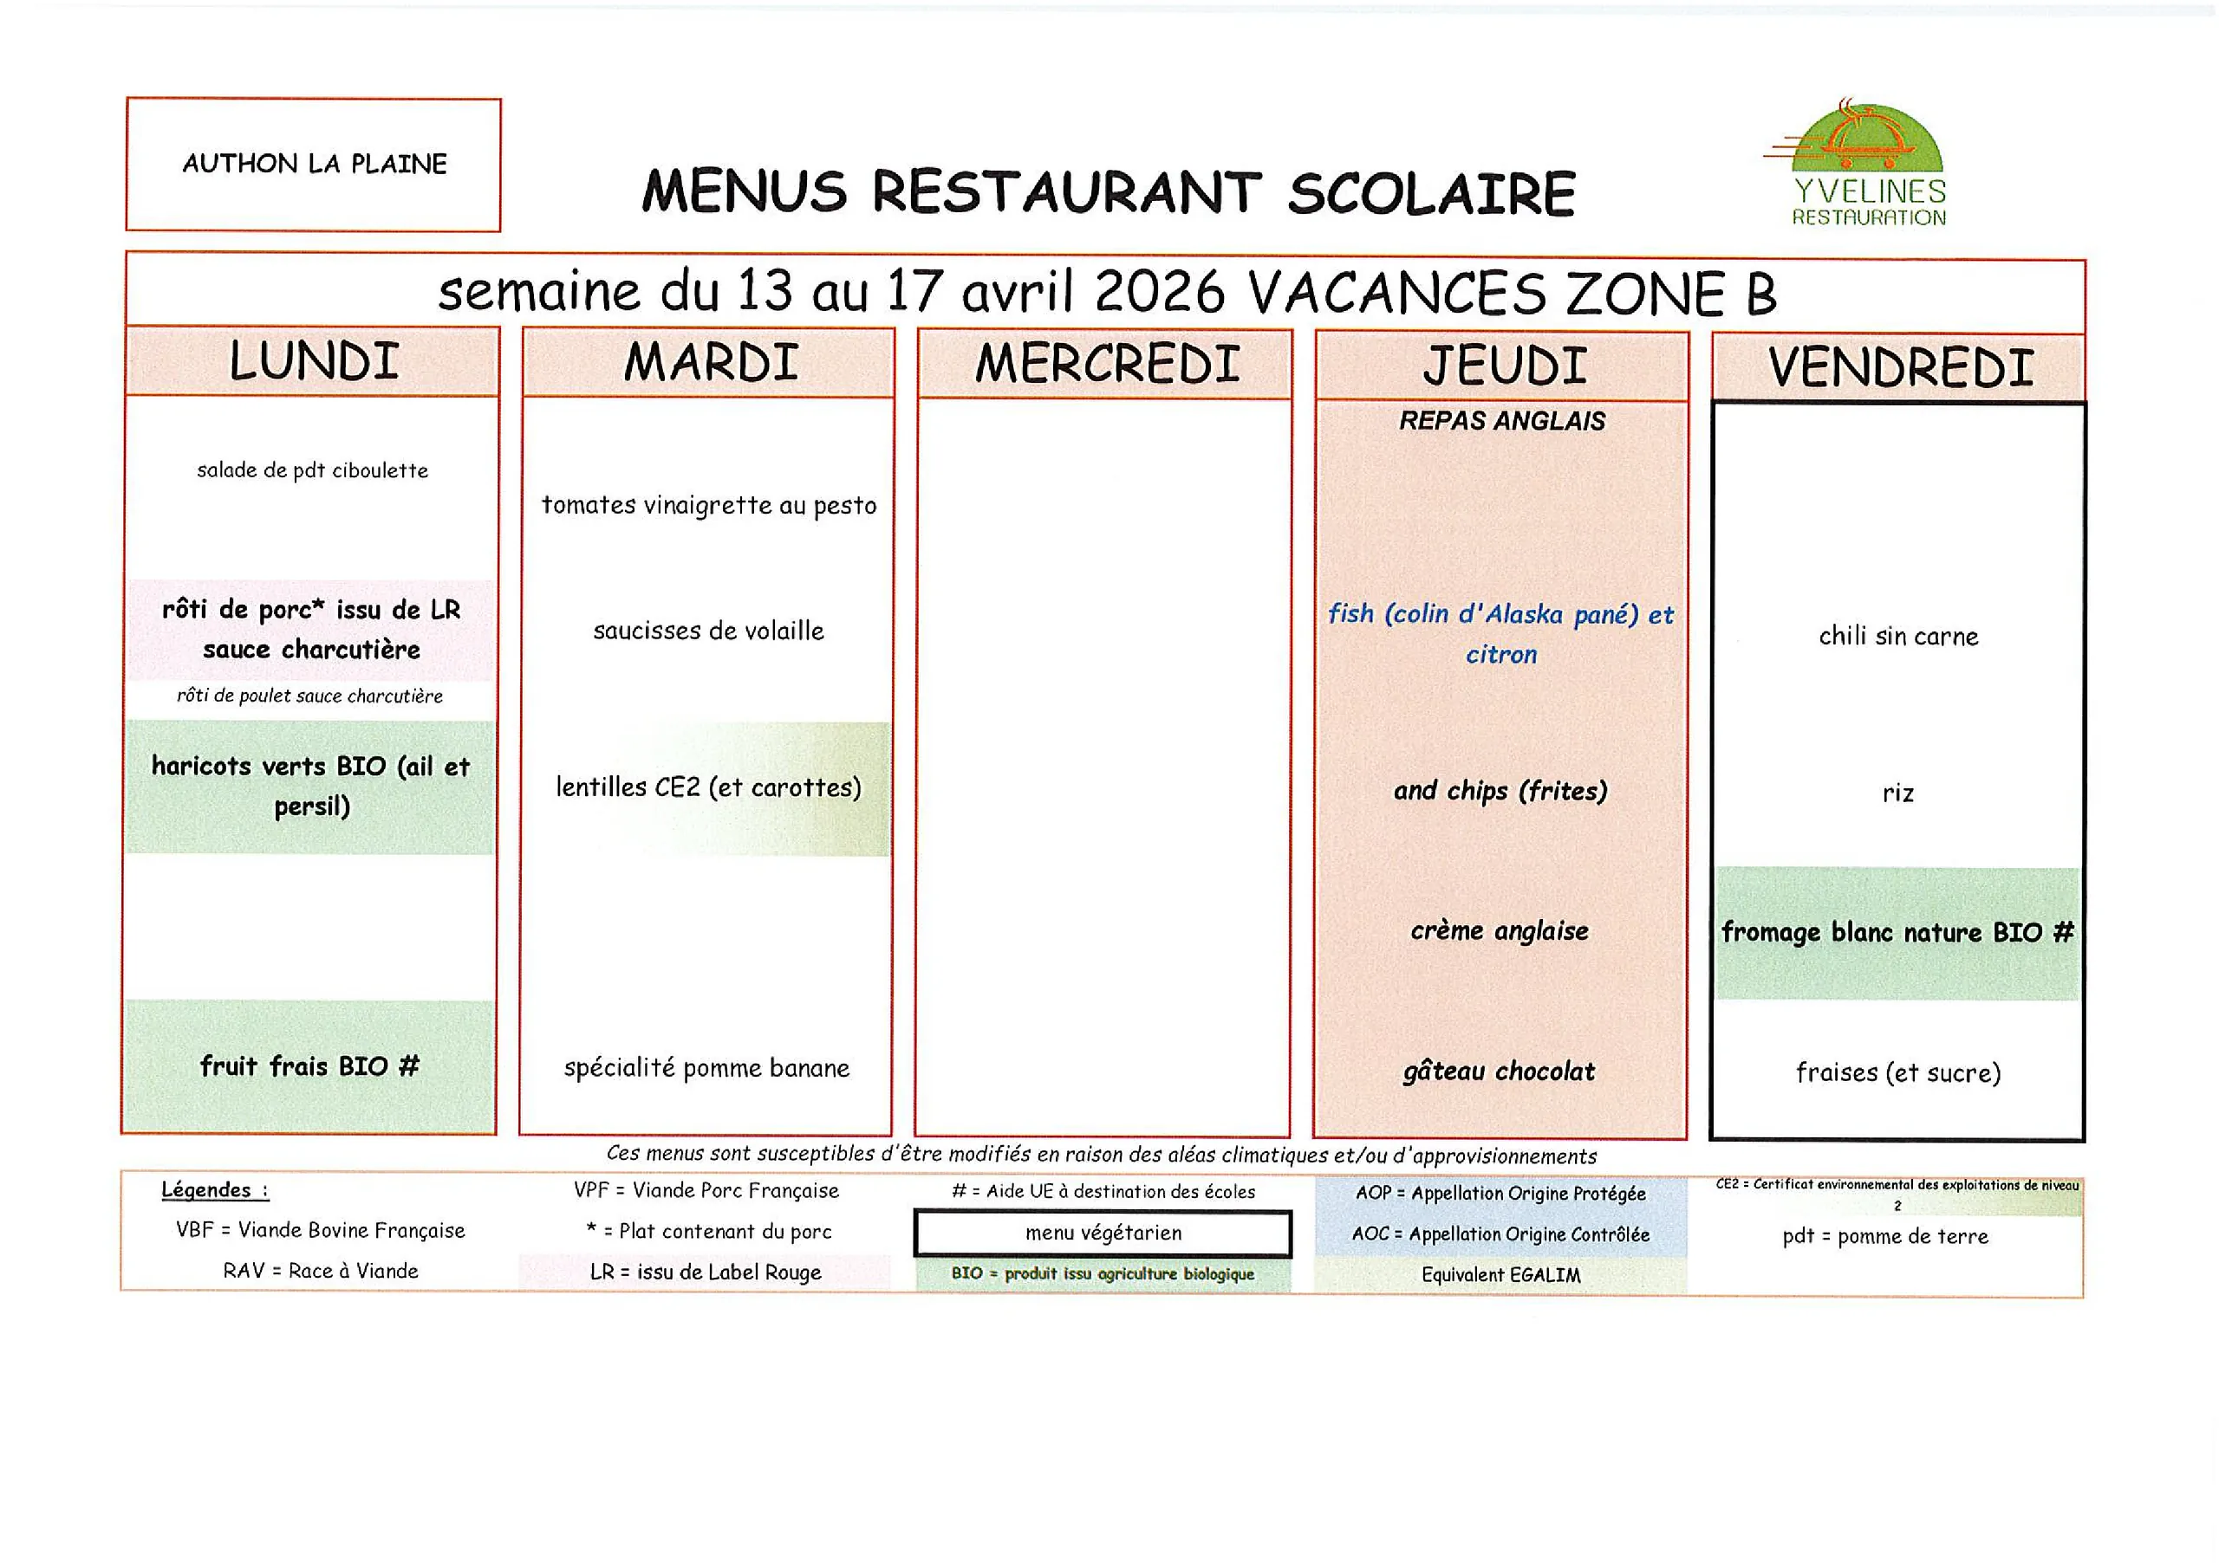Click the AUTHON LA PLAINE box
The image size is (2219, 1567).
click(313, 165)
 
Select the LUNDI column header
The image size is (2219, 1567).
click(313, 361)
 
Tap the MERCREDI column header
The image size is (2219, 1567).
click(1106, 364)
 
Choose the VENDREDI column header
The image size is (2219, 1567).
click(1900, 368)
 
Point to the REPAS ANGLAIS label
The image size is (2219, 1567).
click(1502, 421)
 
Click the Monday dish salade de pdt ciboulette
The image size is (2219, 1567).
click(312, 470)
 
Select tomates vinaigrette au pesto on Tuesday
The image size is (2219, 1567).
click(708, 505)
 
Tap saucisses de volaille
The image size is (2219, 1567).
click(708, 631)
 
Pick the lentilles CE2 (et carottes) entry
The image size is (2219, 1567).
click(708, 787)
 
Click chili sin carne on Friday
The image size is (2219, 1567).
click(1898, 636)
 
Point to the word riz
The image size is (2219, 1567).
click(1898, 793)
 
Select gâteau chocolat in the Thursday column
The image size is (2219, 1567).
click(1499, 1072)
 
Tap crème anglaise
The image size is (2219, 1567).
click(1499, 930)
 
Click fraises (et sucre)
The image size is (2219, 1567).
click(1898, 1072)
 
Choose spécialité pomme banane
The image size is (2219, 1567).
click(706, 1069)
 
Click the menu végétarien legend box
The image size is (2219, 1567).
click(1103, 1233)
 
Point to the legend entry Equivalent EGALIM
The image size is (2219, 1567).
click(1501, 1275)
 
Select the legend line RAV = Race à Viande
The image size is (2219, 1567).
click(320, 1271)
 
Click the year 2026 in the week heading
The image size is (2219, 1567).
click(1160, 292)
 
